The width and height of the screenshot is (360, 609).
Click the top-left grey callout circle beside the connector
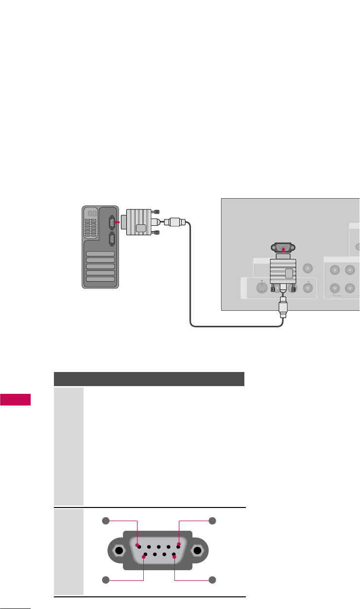coord(106,521)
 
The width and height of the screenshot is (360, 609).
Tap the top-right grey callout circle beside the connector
coord(212,521)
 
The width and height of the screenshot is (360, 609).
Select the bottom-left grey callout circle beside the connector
coord(106,579)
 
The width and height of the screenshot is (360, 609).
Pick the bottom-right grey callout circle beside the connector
coord(212,579)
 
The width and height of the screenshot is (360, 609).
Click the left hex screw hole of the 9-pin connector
coord(118,552)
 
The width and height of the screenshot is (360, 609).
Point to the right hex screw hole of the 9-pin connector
coord(198,552)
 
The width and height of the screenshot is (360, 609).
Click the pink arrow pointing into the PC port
coord(117,223)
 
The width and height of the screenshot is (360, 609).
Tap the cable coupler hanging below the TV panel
coord(283,307)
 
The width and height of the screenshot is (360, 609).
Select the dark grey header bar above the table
coord(149,379)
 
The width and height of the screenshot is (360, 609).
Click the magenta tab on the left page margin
coord(15,400)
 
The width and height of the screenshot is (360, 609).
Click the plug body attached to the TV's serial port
coord(283,271)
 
